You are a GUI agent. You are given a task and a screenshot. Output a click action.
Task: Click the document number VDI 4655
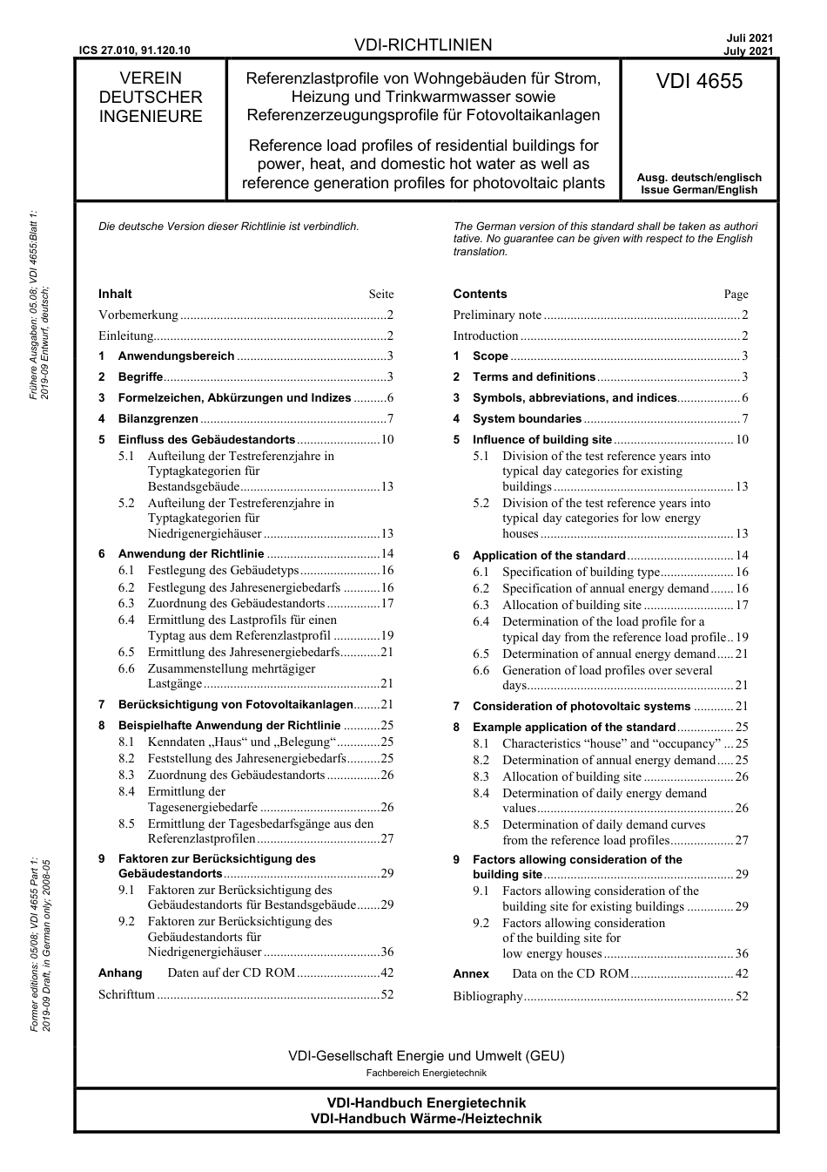click(x=699, y=81)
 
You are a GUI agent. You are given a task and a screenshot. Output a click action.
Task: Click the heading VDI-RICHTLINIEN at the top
click(x=423, y=45)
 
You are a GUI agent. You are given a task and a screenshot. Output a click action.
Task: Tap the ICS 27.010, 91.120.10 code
click(x=134, y=51)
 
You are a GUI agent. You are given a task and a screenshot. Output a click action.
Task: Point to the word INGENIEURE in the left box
click(x=150, y=117)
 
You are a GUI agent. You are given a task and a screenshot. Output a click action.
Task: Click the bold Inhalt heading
click(x=115, y=294)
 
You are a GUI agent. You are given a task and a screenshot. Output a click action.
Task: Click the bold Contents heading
click(x=480, y=294)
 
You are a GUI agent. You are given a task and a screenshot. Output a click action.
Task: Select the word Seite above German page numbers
click(x=380, y=295)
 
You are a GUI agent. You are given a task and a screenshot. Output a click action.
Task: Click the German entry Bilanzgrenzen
click(x=158, y=418)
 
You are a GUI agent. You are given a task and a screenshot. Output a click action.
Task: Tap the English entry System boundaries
click(x=526, y=419)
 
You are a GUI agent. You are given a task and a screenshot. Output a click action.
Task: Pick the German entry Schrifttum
click(x=126, y=994)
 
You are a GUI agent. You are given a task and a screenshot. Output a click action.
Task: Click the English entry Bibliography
click(x=487, y=996)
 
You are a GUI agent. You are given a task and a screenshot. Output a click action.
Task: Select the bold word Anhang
click(x=120, y=972)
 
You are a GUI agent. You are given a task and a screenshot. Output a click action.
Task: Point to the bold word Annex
click(x=471, y=973)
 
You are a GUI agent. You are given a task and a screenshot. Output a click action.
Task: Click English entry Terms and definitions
click(x=533, y=376)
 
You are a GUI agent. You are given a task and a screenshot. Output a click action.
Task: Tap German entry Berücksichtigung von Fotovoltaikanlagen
click(x=235, y=704)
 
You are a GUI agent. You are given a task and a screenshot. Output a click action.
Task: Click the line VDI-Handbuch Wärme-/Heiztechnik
click(x=426, y=1119)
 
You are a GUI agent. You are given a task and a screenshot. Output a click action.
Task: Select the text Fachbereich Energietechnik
click(x=426, y=1073)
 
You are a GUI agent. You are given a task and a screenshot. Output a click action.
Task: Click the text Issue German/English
click(x=699, y=190)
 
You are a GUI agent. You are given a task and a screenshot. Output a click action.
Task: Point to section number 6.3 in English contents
click(x=481, y=605)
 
